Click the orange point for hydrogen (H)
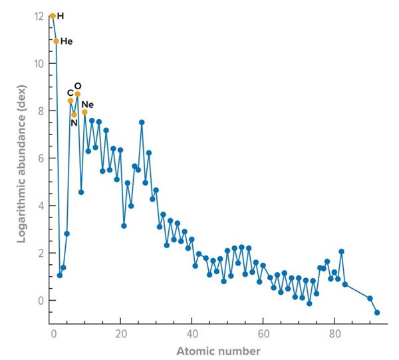pos(53,16)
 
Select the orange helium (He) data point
pos(56,41)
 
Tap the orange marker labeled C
pos(70,100)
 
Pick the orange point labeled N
pos(74,114)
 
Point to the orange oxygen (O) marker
pos(78,94)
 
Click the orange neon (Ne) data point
pos(84,112)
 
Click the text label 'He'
pos(66,41)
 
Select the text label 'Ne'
pos(88,104)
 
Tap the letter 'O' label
pos(78,86)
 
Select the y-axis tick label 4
pos(40,206)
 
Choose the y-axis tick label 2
pos(40,253)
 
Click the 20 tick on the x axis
pos(121,333)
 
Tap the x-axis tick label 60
pos(263,333)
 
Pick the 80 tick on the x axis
pos(334,333)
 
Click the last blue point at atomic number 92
pos(377,312)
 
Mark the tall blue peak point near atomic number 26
pos(142,122)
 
